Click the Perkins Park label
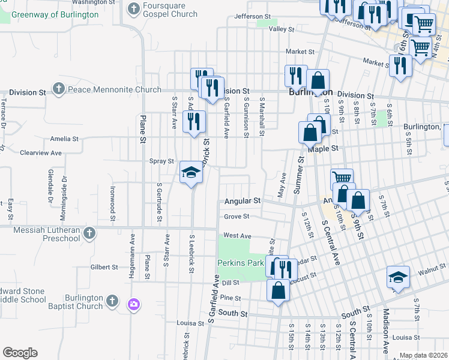coord(241,263)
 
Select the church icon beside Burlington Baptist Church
coord(112,301)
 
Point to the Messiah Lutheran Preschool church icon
coord(89,233)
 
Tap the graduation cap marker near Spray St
coord(191,173)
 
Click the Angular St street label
coord(243,200)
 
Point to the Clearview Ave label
coord(41,153)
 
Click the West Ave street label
coord(237,236)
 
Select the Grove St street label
coord(237,216)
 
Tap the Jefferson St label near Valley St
coord(253,16)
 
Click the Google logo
coord(20,352)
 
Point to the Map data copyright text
coord(424,355)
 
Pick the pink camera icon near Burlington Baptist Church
coord(133,304)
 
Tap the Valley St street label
coord(282,29)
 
